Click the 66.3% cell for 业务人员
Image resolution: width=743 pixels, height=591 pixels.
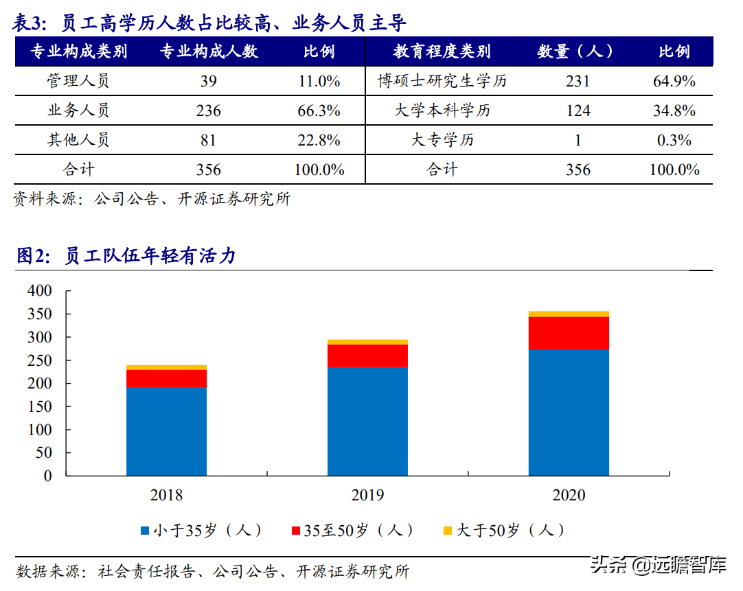pos(319,111)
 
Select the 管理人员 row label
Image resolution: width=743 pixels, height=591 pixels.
pos(78,81)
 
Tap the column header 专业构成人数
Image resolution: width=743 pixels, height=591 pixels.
pos(209,51)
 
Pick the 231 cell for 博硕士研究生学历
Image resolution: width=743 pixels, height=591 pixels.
pos(578,81)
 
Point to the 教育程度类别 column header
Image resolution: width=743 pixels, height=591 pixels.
pos(442,51)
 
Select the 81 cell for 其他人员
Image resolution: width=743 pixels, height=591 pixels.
pos(209,140)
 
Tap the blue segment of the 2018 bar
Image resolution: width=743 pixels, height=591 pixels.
pos(166,431)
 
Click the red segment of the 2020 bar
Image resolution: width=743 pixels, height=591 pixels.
pos(569,333)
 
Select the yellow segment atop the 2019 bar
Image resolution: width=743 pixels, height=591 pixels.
pos(367,342)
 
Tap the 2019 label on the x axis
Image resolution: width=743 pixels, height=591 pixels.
pos(367,495)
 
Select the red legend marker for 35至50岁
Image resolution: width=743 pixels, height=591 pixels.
pos(296,531)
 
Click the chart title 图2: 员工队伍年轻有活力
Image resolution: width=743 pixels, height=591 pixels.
pos(126,256)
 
